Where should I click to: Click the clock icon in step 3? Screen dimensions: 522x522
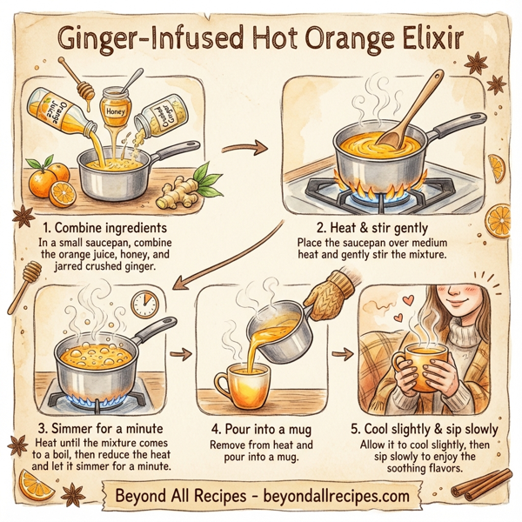[x=144, y=304]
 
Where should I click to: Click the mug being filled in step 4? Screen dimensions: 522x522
[x=239, y=383]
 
